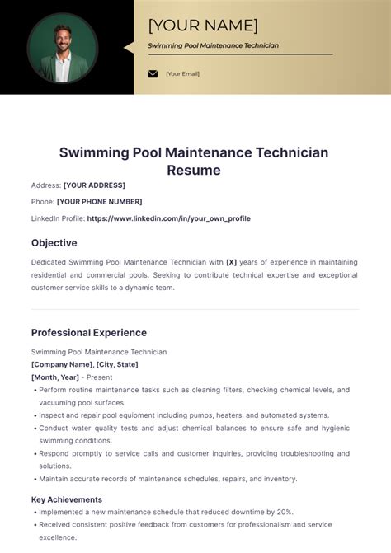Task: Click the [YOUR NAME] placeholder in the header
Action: [x=203, y=26]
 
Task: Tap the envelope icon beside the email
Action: [x=153, y=73]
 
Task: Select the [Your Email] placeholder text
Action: [x=182, y=73]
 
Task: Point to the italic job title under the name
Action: [x=213, y=45]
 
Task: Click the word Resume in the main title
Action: [x=194, y=171]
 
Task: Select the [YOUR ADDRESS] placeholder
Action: [x=94, y=185]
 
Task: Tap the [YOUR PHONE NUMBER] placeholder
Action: [x=99, y=202]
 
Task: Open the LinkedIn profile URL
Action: [x=168, y=218]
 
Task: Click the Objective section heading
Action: [x=54, y=243]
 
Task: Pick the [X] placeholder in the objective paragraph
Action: [x=231, y=262]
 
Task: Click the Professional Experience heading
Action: [x=89, y=333]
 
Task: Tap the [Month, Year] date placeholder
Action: [x=54, y=377]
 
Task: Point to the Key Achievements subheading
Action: [x=67, y=499]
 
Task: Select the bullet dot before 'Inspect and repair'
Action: [x=35, y=415]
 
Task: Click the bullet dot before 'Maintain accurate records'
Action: [x=35, y=479]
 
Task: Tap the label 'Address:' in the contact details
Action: [x=46, y=185]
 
